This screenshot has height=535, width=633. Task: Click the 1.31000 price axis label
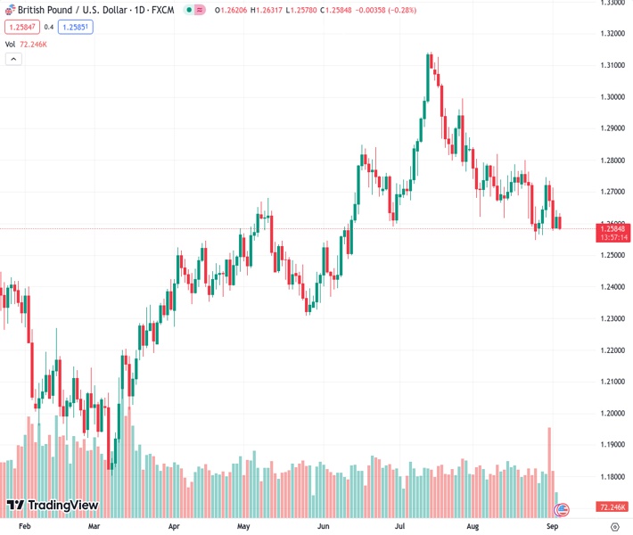point(611,65)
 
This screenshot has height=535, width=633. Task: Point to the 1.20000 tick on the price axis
point(611,413)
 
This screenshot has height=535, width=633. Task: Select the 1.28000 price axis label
point(611,160)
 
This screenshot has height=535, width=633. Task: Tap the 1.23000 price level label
point(611,318)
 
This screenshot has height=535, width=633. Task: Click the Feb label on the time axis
point(24,527)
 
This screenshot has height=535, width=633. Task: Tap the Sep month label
point(553,527)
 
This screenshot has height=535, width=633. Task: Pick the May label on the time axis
point(243,527)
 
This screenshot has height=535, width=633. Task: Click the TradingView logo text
point(62,506)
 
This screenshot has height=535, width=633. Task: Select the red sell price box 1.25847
point(21,27)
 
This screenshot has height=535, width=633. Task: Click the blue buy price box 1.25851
point(76,27)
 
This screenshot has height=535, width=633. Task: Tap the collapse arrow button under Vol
point(13,59)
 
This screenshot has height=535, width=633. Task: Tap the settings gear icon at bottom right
point(614,527)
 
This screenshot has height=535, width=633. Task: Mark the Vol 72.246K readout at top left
point(27,43)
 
